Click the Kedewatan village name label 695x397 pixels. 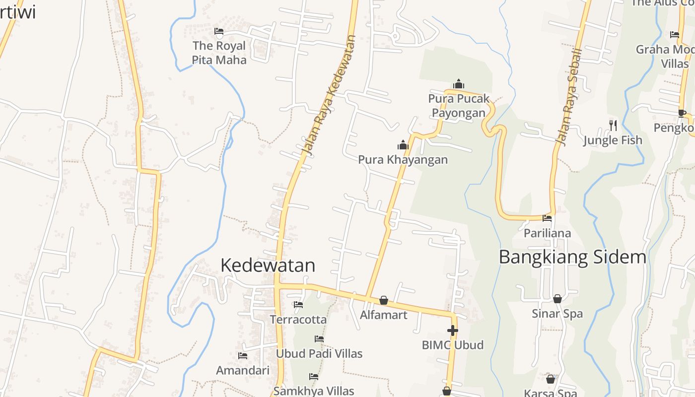coord(268,265)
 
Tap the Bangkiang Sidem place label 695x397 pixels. coord(572,257)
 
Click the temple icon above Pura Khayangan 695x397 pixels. coord(403,145)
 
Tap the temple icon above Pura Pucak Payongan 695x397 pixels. coord(459,84)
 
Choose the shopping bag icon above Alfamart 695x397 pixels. coord(383,300)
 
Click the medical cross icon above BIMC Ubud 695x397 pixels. coord(452,331)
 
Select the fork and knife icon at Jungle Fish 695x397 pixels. coord(613,125)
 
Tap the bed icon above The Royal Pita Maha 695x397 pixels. coord(219,32)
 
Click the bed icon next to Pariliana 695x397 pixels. coord(547,218)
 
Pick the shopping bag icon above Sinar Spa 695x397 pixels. coord(557,299)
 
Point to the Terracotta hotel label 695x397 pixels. coord(298,320)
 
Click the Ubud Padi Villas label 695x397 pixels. coord(319,354)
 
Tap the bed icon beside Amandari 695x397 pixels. coord(243,356)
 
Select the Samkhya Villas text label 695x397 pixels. coord(314,391)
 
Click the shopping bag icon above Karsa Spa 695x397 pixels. coord(551,380)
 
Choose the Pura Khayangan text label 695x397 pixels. coord(403,160)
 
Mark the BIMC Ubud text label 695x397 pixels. coord(452,345)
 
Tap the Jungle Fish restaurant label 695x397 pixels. coord(613,140)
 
